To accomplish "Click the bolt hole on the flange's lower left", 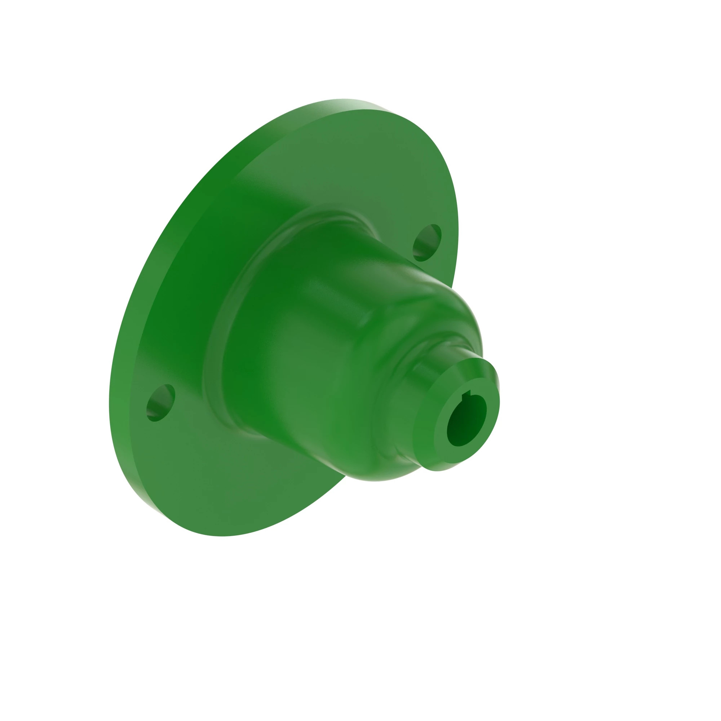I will point(161,403).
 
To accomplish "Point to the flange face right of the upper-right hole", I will point(450,231).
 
